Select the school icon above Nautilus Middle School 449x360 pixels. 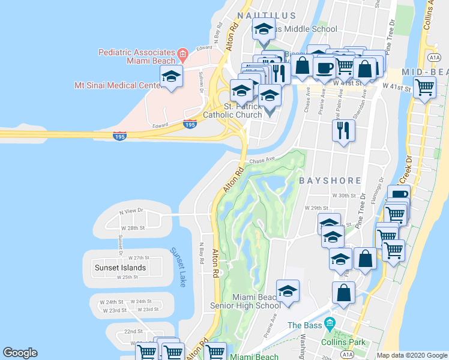click(x=264, y=29)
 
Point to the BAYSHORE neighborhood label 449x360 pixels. click(x=330, y=180)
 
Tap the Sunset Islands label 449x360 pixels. click(x=120, y=268)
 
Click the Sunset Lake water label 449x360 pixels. click(x=177, y=267)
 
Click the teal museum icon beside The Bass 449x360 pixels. click(x=329, y=325)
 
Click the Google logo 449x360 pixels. click(x=20, y=353)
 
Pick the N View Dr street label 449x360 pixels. click(x=131, y=211)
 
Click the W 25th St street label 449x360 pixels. click(x=127, y=277)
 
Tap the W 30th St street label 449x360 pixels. click(x=344, y=196)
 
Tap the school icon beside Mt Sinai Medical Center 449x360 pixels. click(x=171, y=77)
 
